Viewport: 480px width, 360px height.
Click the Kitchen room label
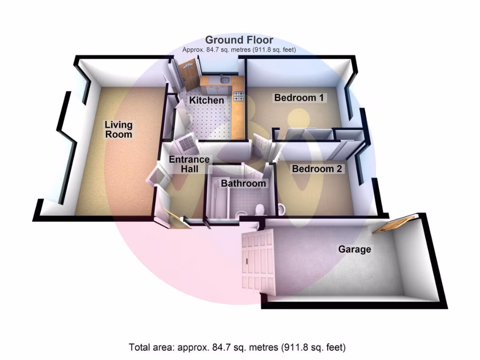[x=206, y=100]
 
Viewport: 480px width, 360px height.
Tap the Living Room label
[x=118, y=129]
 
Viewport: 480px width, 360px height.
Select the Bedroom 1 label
[x=299, y=98]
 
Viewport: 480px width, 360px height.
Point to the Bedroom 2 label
[x=317, y=169]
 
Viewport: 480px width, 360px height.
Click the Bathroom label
[x=243, y=183]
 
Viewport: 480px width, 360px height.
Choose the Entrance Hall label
[x=190, y=164]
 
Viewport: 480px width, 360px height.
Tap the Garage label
[x=354, y=249]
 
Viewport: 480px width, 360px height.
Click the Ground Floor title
[x=239, y=40]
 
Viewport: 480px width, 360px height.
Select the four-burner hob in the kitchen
[x=239, y=97]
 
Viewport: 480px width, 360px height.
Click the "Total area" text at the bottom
[x=237, y=348]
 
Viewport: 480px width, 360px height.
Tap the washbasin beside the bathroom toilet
[x=282, y=209]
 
